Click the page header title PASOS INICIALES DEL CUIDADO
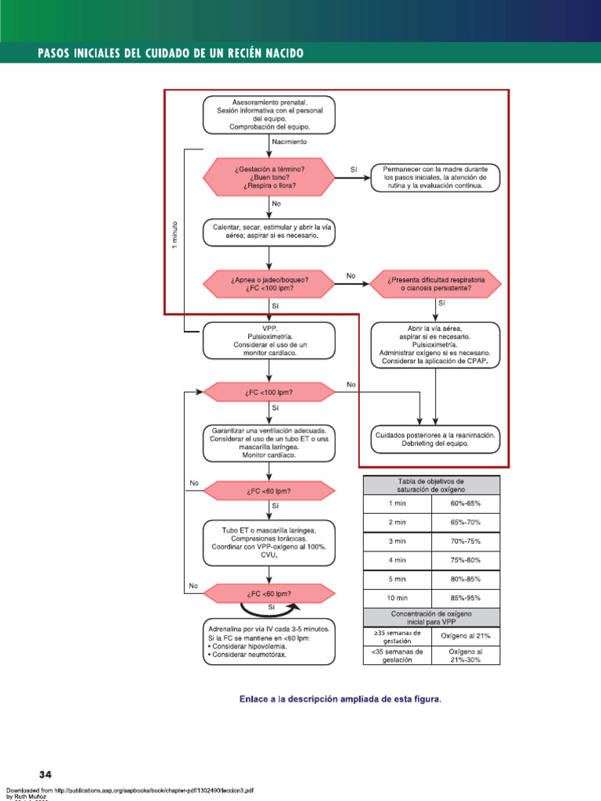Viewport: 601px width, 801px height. [171, 53]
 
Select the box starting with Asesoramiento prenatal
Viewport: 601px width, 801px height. [269, 115]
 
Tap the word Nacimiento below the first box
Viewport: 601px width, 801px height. [289, 142]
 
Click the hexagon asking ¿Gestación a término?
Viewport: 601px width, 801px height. [269, 178]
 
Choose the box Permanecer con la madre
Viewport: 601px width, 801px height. [434, 178]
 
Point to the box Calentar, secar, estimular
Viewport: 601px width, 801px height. [269, 231]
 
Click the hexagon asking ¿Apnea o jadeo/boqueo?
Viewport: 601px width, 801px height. [269, 283]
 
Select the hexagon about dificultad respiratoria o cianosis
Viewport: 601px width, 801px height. [435, 284]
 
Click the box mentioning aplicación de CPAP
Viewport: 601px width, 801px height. [434, 345]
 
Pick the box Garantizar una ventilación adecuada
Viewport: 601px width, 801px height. [269, 442]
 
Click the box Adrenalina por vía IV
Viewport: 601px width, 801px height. [269, 641]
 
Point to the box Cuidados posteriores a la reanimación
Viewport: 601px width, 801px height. [434, 439]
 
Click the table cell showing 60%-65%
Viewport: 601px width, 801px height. [466, 504]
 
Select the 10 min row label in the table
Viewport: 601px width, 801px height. [398, 598]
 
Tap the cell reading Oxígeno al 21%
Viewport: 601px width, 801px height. [466, 637]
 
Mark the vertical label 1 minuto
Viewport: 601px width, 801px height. [175, 235]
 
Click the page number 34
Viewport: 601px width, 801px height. [45, 774]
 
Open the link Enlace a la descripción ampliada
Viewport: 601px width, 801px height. [340, 699]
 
